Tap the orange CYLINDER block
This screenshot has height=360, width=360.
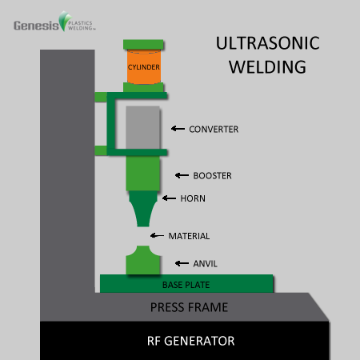pyautogui.click(x=143, y=68)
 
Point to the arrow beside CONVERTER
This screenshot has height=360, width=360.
pyautogui.click(x=178, y=128)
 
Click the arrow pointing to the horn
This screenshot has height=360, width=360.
pyautogui.click(x=168, y=198)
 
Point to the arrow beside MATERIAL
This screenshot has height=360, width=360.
pyautogui.click(x=158, y=236)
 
